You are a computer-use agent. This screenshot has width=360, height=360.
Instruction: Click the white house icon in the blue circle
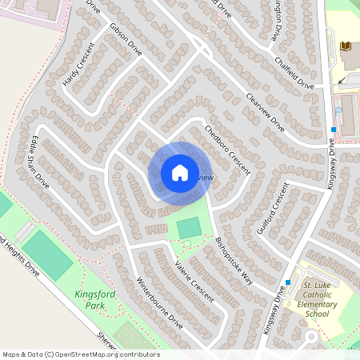179,173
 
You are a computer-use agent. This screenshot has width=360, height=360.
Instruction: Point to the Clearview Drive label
266,114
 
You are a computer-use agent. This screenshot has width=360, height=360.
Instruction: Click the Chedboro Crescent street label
227,150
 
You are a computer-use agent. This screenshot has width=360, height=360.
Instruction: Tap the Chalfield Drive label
294,73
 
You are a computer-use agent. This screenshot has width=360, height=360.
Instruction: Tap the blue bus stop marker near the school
287,282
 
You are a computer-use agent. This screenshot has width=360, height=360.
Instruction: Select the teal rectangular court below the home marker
189,228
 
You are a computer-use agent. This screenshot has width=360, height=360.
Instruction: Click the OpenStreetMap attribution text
80,354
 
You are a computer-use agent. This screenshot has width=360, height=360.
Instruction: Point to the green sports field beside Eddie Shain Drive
47,254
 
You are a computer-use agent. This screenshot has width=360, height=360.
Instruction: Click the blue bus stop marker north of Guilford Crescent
332,130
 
